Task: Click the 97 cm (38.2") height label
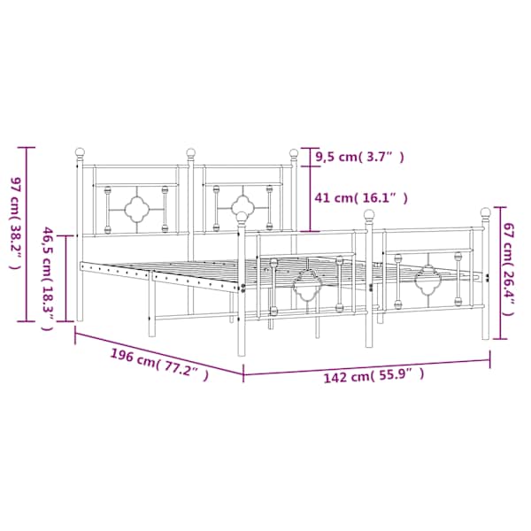(16, 223)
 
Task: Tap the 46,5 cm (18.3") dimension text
(47, 279)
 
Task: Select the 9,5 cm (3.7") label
(359, 158)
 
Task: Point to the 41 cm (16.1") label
(361, 197)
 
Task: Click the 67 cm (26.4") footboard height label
(509, 269)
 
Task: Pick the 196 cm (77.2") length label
(159, 365)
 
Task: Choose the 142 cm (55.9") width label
(373, 375)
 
